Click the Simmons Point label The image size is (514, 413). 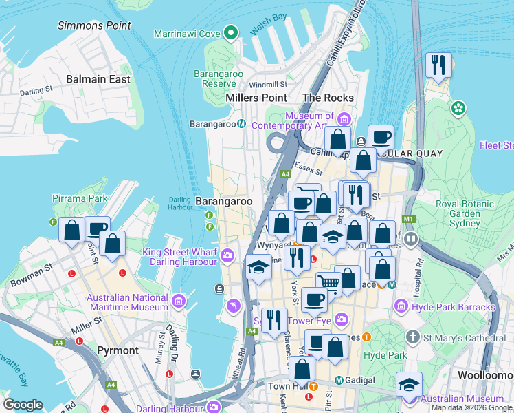pos(94,25)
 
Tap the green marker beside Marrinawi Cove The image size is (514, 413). pos(232,32)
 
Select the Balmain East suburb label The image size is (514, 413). pos(98,79)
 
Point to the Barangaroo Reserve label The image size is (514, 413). pos(215,78)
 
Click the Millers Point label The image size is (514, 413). pos(256,98)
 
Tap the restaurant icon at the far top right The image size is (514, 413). pos(438,65)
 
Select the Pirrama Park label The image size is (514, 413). pos(80,198)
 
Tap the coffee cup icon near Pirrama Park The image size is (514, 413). pos(98,229)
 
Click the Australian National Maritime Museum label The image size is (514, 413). pos(127,301)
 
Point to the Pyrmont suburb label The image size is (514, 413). pos(117,350)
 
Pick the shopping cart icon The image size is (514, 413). pos(329,282)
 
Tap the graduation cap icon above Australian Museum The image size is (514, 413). pos(408,383)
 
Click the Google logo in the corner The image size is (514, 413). pos(23,405)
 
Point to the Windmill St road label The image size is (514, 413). pos(263,85)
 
